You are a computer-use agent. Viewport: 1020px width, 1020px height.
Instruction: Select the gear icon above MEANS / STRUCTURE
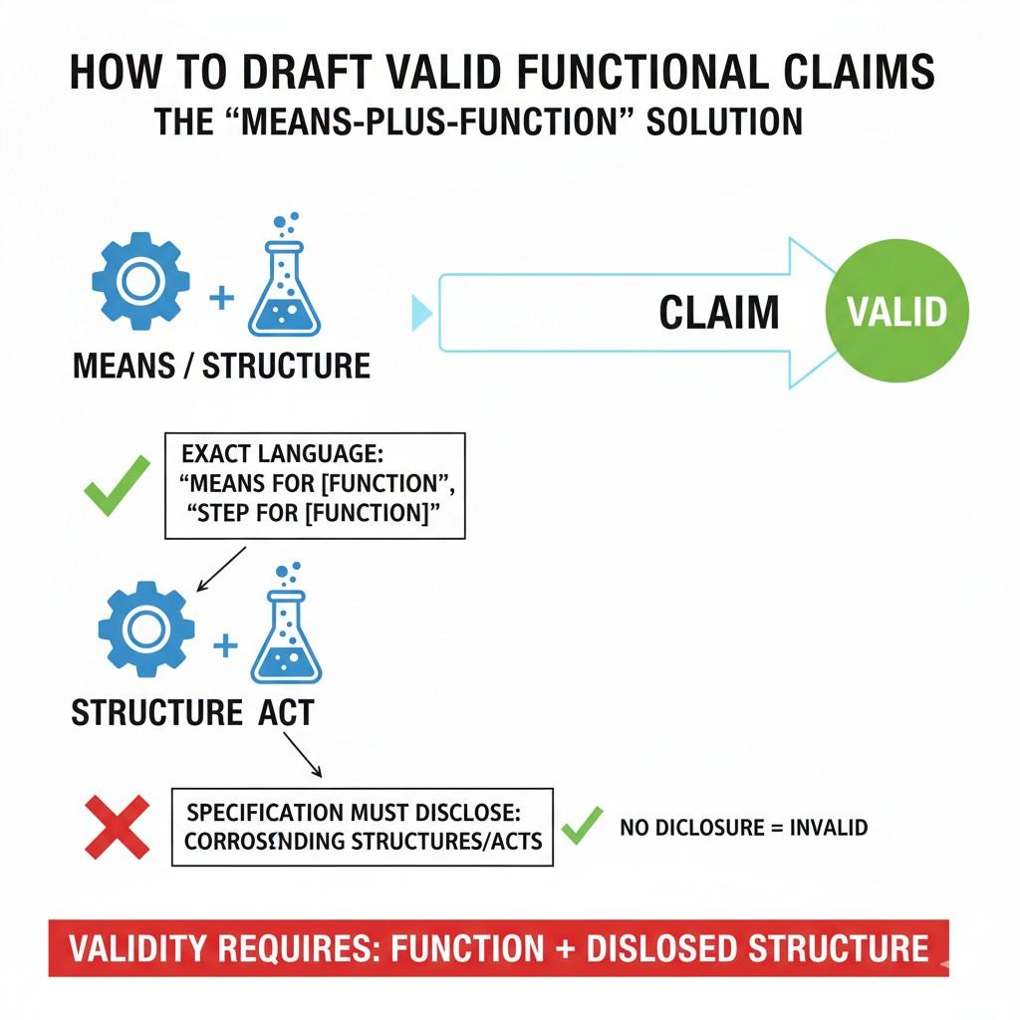click(140, 280)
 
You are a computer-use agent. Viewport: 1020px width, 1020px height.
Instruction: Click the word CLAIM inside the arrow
click(718, 313)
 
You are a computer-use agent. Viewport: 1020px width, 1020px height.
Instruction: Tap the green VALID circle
click(896, 312)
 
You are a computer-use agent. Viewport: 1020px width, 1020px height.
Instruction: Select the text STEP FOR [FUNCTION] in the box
click(312, 514)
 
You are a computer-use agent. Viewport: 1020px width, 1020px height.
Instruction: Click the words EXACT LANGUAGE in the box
click(282, 454)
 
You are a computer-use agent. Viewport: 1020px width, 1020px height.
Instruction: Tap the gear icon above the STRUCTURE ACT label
click(146, 629)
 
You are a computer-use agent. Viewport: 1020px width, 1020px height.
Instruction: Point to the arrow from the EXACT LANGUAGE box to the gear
click(221, 568)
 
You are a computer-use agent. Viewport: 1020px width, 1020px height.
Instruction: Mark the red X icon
click(118, 826)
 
